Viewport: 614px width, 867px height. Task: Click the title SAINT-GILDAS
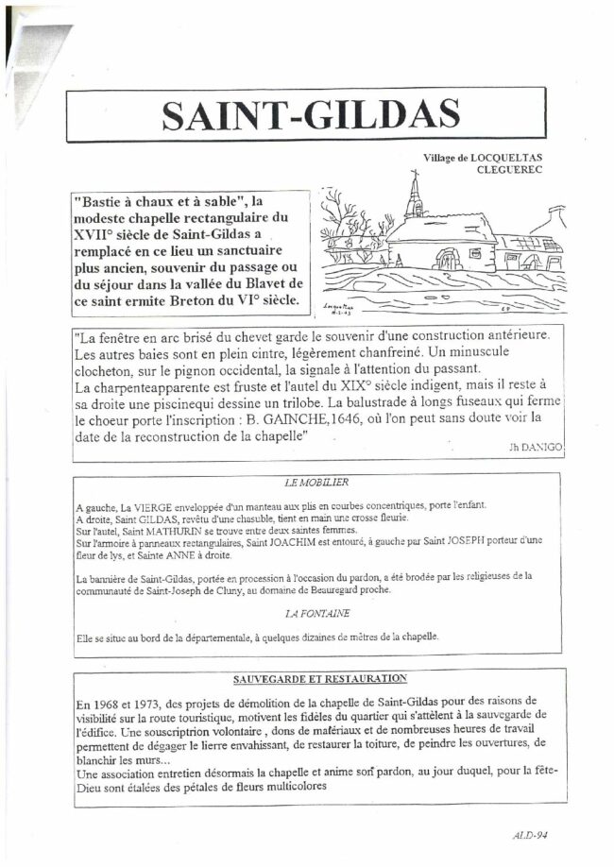[311, 113]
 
